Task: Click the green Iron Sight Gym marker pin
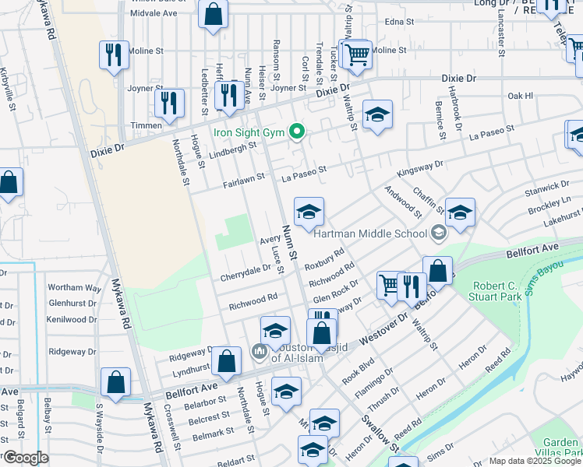click(296, 132)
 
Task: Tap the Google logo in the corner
click(25, 458)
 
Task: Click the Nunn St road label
click(288, 244)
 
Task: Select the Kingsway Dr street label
click(419, 166)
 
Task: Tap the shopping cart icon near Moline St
click(356, 53)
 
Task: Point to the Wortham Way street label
click(75, 288)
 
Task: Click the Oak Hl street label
click(519, 96)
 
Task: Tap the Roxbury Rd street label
click(324, 258)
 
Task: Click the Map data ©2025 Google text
click(535, 461)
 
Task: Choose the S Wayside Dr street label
click(99, 430)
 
